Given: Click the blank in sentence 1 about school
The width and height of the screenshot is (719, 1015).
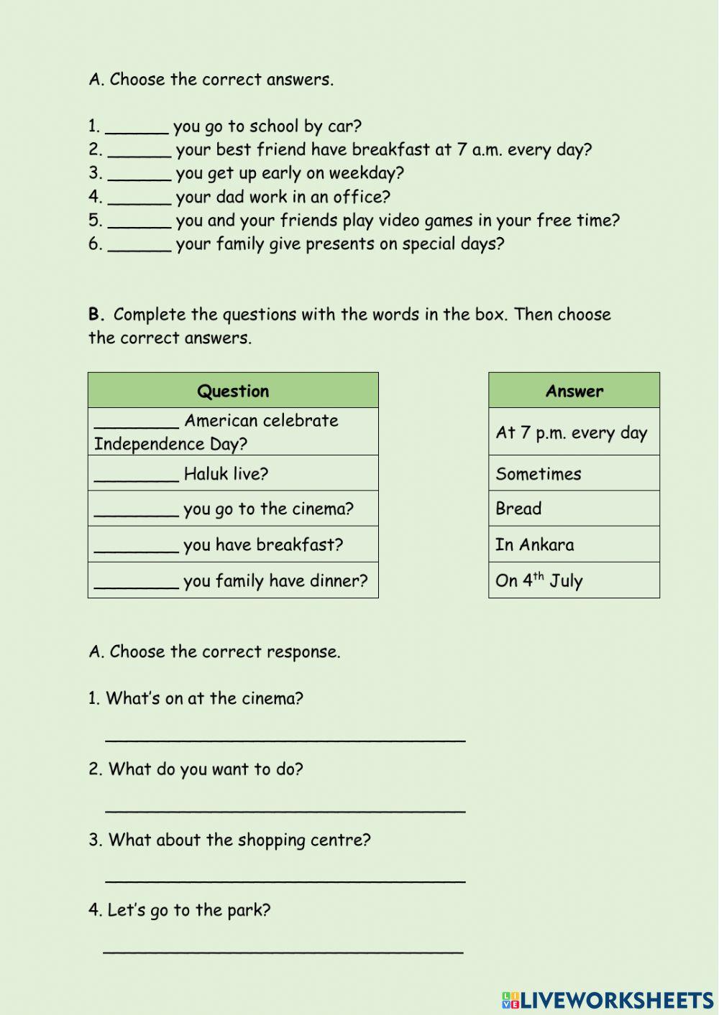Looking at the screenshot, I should (137, 128).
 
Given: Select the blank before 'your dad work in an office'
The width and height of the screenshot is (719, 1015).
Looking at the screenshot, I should (139, 198).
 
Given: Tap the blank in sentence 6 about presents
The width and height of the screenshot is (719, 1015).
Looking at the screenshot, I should (139, 246).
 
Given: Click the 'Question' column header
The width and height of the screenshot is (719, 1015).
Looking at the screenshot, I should (233, 391).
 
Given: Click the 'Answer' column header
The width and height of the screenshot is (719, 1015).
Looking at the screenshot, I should (574, 391).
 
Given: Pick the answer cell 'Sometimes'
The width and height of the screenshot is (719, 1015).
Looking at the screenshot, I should (539, 474).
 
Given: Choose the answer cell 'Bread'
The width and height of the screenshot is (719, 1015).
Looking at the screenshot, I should (518, 509).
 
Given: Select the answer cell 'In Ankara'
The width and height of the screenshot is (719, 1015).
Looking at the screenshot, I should (535, 544).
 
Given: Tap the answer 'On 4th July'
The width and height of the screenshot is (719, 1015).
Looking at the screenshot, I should (539, 580).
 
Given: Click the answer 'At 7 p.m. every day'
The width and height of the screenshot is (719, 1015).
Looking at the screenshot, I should (572, 432).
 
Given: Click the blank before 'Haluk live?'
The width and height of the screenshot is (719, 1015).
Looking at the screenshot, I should (137, 476).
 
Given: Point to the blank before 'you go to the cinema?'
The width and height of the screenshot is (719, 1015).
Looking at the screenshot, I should (137, 511).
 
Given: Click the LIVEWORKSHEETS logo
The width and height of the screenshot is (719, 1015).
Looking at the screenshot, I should (608, 999).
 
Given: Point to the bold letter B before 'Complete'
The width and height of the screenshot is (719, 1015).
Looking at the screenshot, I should (96, 314).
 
